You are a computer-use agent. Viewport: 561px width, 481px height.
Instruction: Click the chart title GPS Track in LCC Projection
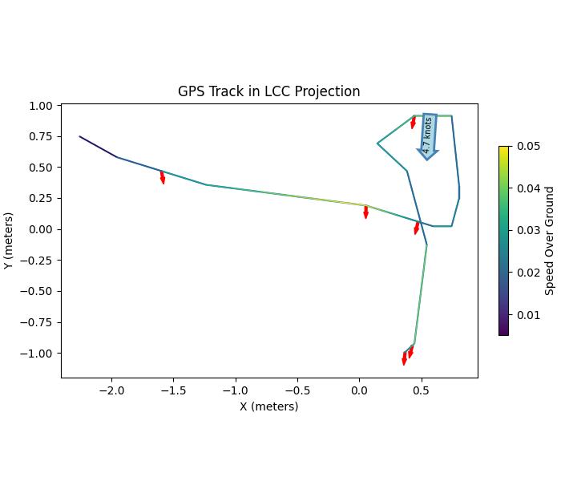coord(268,91)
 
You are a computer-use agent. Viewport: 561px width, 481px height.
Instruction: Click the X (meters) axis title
coord(268,406)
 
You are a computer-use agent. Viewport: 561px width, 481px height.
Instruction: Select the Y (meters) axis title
coord(8,240)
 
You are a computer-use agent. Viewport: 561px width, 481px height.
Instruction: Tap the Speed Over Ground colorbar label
coord(550,240)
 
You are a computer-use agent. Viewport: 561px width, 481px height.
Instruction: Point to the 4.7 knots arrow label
coord(428,135)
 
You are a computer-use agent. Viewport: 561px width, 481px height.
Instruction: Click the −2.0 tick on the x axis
coord(111,390)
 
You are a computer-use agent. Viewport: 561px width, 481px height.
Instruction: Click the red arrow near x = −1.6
coord(162,177)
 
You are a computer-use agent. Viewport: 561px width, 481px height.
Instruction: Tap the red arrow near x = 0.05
coord(365,212)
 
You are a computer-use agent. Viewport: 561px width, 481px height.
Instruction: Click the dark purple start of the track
coord(81,137)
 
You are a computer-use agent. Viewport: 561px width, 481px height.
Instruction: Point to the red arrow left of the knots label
coord(413,122)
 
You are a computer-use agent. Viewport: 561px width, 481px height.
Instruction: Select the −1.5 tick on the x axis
coord(173,390)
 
